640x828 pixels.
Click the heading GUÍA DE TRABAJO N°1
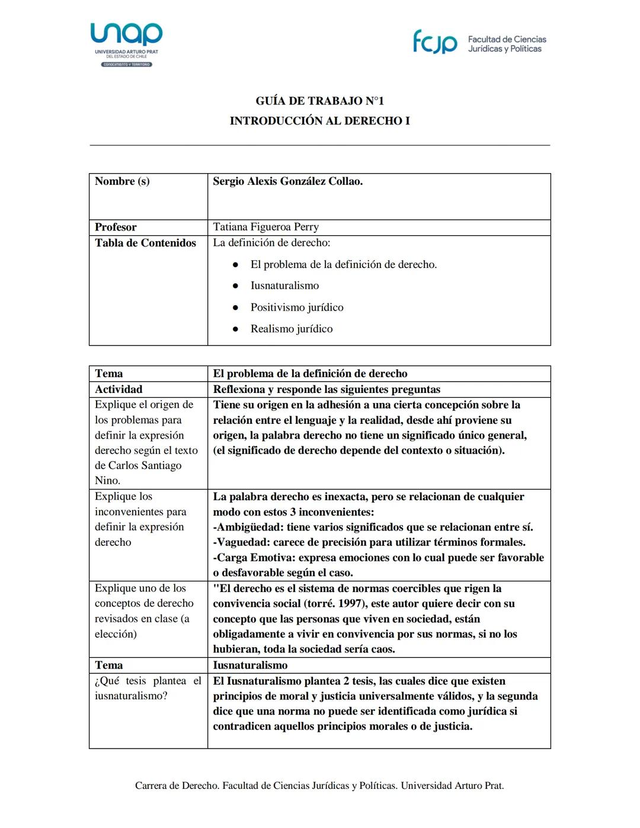[x=319, y=101]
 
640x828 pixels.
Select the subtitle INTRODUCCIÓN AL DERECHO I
[x=319, y=121]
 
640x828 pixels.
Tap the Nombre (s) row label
[x=122, y=181]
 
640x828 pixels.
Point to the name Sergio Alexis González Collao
[x=287, y=181]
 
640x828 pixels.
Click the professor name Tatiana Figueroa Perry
[x=265, y=227]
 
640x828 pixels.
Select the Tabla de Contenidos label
[x=145, y=243]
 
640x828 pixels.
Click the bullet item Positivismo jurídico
[x=296, y=307]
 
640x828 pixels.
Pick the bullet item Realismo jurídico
[x=291, y=329]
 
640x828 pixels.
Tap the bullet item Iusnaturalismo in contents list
[x=284, y=286]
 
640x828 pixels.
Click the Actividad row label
[x=119, y=389]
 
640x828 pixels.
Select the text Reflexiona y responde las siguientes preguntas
[x=327, y=389]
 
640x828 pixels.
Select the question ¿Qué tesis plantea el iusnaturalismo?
[x=148, y=688]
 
